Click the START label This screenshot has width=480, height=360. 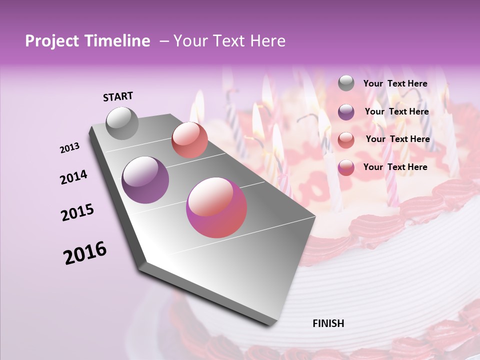(118, 96)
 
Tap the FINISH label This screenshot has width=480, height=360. (328, 323)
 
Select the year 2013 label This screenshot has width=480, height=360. (70, 148)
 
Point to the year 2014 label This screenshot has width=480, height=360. (74, 177)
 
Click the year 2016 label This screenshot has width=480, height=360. (85, 252)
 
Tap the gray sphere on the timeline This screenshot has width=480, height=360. (122, 123)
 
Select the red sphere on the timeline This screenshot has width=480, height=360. (189, 140)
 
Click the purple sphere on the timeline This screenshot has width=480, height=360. (145, 179)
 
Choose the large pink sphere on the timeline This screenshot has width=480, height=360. (216, 207)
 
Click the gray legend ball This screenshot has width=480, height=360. (346, 83)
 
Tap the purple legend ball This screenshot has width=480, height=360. (346, 112)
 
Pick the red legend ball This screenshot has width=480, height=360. (346, 140)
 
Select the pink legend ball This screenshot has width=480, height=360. (346, 167)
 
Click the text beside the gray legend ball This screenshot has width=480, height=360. (395, 83)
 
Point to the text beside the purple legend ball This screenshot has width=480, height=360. (396, 111)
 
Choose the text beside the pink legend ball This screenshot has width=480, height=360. (395, 167)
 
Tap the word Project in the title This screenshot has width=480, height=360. (51, 41)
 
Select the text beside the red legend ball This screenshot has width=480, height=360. (397, 139)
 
